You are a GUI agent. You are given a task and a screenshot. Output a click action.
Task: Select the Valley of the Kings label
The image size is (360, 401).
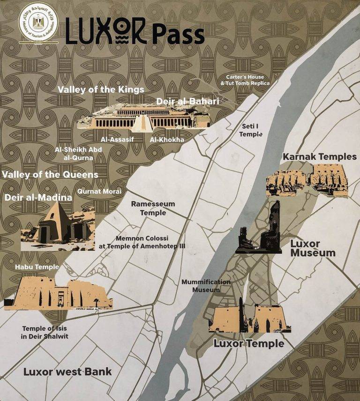coord(101,90)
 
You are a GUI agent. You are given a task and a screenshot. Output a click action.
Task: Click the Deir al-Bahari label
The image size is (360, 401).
coord(187,101)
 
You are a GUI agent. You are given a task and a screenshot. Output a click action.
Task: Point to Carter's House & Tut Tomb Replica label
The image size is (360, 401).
coord(245,80)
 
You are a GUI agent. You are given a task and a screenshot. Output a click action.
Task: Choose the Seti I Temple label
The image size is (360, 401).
coord(251,130)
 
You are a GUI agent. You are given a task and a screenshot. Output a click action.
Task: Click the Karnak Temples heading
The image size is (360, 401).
coord(319,157)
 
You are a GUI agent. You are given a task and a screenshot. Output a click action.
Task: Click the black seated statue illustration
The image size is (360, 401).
coord(260,230)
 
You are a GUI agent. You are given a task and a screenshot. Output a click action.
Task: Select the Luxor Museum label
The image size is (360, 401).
coord(313,249)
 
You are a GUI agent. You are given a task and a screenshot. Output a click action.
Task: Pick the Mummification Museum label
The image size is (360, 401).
coord(206,286)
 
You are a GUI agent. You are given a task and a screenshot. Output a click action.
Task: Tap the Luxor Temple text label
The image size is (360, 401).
coord(248,343)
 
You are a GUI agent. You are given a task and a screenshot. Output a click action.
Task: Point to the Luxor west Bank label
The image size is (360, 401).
coord(67,372)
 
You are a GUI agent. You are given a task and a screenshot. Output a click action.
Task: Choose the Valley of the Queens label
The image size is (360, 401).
coord(50,174)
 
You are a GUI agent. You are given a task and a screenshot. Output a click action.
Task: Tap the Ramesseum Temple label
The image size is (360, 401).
coord(153,208)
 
